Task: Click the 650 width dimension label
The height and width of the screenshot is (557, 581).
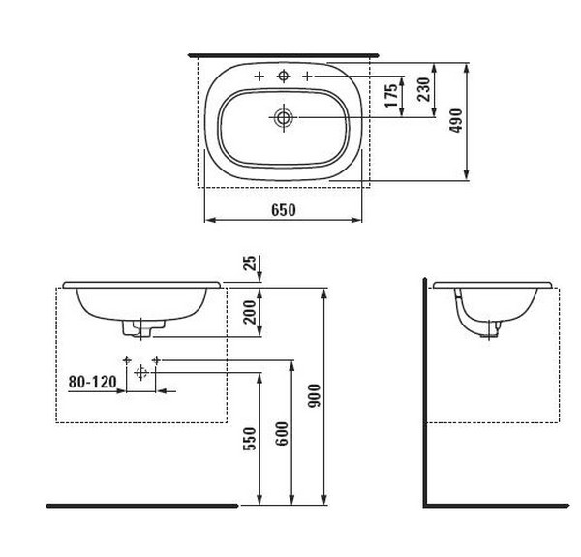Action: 284,210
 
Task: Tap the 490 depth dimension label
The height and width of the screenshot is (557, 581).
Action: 456,120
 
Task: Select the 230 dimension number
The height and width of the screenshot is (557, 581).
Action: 423,89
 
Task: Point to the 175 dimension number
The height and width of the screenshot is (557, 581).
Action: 391,96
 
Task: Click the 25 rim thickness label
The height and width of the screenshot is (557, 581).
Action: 251,263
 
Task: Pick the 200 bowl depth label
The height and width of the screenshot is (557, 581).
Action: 250,312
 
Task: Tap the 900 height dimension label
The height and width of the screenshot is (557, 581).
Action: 314,396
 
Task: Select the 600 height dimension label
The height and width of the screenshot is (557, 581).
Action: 283,434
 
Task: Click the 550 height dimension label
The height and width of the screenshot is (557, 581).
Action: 250,439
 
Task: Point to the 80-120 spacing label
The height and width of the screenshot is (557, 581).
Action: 93,382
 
